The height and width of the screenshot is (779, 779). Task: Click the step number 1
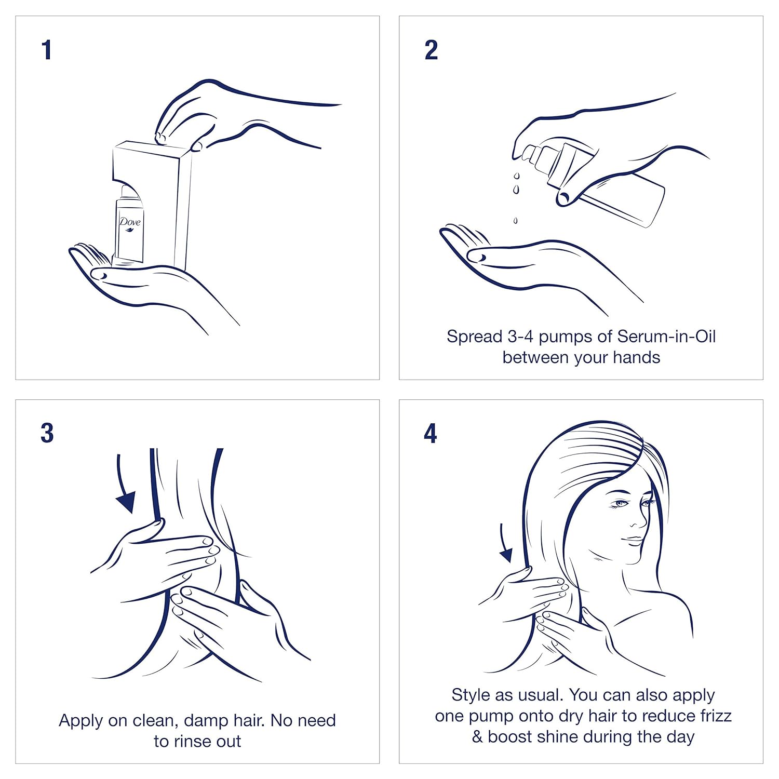point(47,50)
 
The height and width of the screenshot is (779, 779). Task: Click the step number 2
point(431,50)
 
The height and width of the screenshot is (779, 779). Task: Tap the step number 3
point(47,433)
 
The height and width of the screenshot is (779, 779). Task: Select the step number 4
point(431,433)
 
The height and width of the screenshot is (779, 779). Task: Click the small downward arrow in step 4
point(505,544)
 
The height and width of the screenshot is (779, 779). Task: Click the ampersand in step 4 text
point(477,736)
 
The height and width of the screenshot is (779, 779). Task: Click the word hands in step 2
point(636,357)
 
